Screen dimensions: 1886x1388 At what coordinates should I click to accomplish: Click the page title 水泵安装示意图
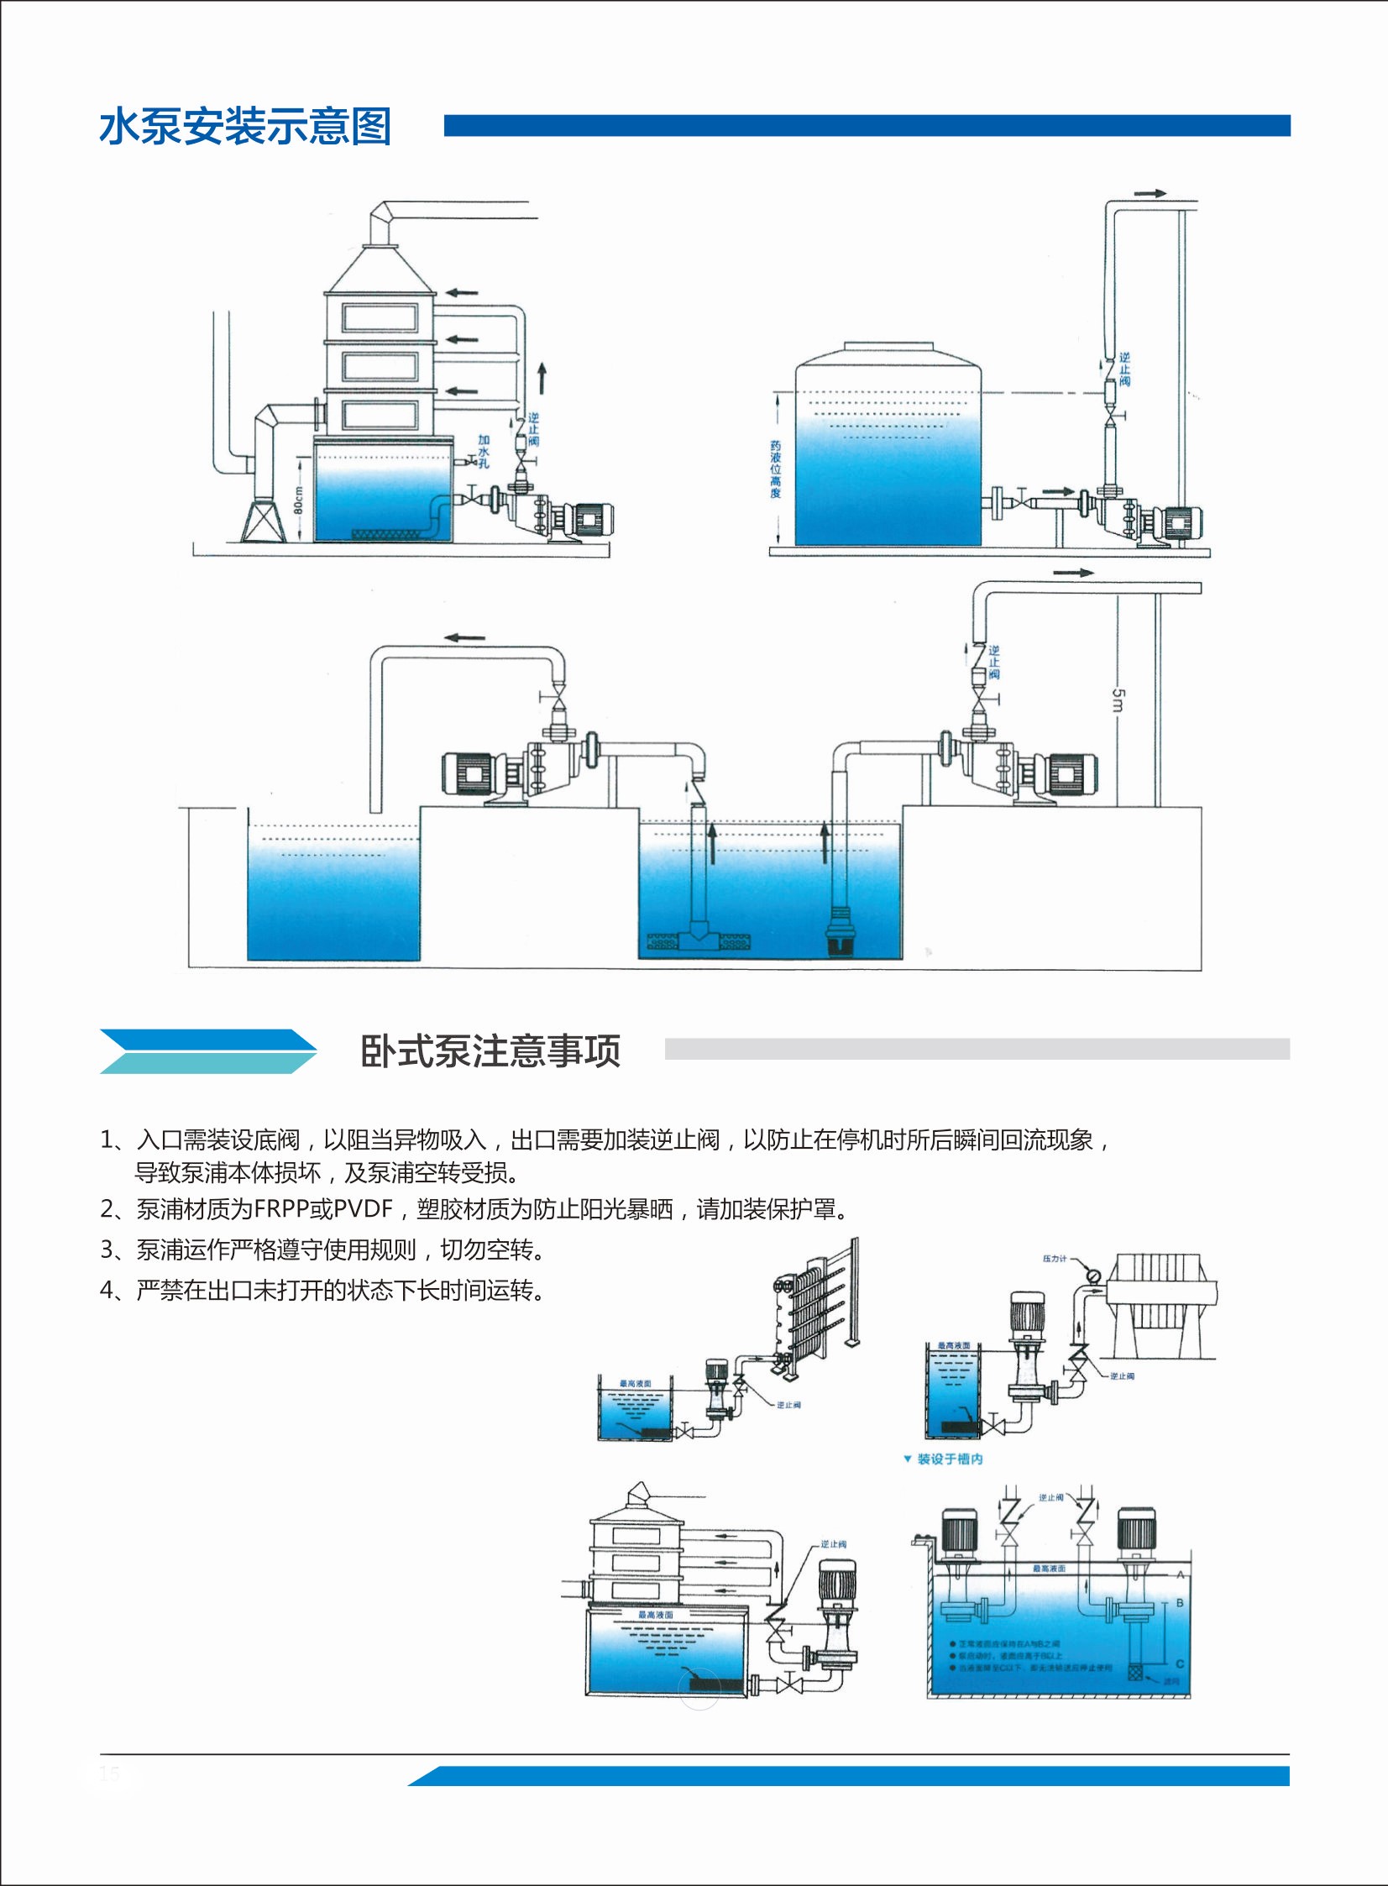245,127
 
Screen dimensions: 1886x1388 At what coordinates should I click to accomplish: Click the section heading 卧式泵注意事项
490,1051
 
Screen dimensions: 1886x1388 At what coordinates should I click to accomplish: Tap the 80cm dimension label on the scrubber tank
298,500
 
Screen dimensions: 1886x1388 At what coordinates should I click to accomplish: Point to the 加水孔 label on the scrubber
484,451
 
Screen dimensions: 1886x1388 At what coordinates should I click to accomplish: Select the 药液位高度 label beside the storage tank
776,469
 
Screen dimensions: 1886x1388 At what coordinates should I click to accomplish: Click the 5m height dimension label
1118,699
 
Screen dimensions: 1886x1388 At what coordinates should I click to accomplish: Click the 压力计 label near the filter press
1055,1259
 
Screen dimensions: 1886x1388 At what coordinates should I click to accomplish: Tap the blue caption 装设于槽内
949,1459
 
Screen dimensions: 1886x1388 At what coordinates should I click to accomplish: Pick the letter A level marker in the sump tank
1181,1574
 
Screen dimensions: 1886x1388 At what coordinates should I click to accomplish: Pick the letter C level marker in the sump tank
1180,1663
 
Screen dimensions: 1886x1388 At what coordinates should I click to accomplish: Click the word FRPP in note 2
281,1209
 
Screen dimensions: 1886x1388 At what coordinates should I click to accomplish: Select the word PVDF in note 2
363,1209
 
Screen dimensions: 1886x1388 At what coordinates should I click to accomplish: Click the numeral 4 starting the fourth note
107,1291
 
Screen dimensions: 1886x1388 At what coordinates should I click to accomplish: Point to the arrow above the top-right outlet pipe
1150,193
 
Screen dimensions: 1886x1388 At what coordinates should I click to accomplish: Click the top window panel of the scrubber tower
380,317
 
